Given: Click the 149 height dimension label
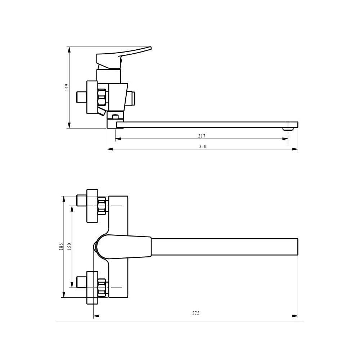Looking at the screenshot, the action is (x=67, y=87).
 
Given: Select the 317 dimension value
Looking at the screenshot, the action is (x=202, y=136).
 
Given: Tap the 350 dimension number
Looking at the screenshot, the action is (x=203, y=147).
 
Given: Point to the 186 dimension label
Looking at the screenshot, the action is (x=61, y=247).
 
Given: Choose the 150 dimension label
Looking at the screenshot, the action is (x=69, y=247).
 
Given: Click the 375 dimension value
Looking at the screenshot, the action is (x=196, y=313).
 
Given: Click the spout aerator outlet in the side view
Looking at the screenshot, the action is (x=288, y=129).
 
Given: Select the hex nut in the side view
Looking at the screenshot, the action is (x=102, y=97).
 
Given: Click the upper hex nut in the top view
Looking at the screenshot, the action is (x=102, y=206).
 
